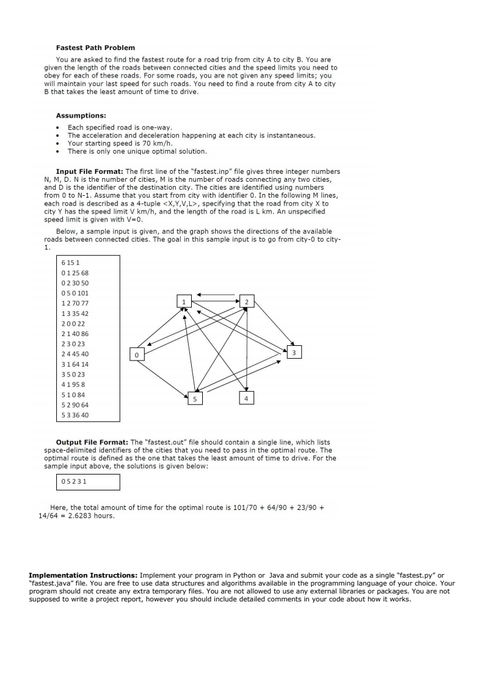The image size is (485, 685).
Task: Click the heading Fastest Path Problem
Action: pos(95,48)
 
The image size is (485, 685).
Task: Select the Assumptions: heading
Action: pos(81,115)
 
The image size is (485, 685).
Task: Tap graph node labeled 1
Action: pos(183,301)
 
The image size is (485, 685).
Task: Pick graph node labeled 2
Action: pos(246,301)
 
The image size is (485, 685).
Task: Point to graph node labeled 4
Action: pos(246,398)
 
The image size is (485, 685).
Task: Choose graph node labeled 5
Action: pos(195,398)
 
